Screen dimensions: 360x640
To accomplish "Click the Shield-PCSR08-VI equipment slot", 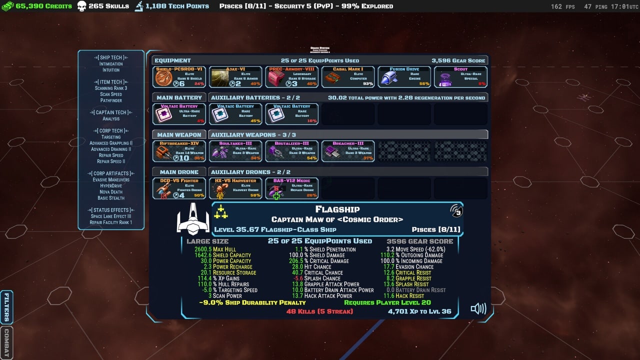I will (179, 77).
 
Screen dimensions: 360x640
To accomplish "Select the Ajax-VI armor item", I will (235, 77).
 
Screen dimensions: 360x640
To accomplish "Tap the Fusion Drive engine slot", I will (404, 77).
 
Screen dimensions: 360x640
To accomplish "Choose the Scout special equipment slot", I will (460, 77).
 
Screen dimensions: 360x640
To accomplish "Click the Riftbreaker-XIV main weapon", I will (179, 151).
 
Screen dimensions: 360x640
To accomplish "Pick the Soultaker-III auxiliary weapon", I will (235, 151).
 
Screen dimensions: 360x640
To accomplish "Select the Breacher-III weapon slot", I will (348, 151).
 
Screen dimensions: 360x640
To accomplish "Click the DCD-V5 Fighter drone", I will (179, 188).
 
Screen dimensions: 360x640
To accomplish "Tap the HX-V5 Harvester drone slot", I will (235, 188).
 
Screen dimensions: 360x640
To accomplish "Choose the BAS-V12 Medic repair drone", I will (291, 188).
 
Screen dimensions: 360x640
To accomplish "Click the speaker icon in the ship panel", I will (478, 308).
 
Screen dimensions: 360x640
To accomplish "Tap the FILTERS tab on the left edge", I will (6, 307).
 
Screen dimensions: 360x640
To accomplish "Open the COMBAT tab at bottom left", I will (6, 343).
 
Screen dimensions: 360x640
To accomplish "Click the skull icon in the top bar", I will (81, 6).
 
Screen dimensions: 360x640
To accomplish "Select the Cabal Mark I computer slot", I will (348, 77).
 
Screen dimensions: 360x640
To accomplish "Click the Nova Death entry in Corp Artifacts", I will (111, 192).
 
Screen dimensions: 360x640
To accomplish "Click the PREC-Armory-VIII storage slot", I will (291, 77).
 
